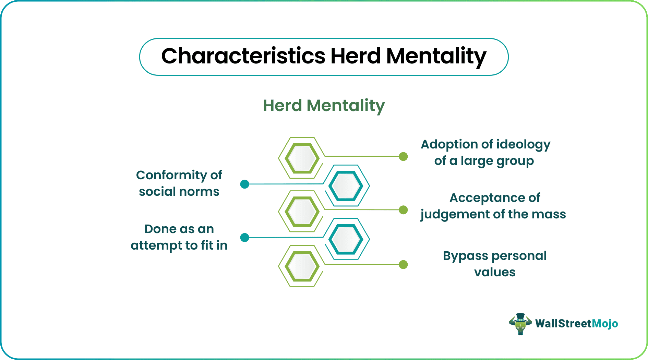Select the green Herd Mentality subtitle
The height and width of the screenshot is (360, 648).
pos(324,106)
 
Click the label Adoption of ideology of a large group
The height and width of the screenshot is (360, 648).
pos(485,153)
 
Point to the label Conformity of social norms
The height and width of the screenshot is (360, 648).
pos(179,183)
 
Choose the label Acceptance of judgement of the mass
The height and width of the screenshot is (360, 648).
pos(493,206)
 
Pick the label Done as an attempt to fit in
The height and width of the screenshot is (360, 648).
pos(179,237)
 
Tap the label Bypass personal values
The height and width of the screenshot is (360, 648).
pos(495,264)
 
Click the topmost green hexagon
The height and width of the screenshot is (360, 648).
pos(302,158)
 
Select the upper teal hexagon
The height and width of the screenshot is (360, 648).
pos(346,186)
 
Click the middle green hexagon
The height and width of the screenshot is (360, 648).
pos(302,212)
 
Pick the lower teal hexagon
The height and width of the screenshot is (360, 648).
pos(346,239)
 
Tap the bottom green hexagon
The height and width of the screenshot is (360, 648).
pos(302,266)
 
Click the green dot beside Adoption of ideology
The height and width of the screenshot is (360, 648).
pos(404,157)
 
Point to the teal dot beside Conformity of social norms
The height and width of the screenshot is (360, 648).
pos(245,184)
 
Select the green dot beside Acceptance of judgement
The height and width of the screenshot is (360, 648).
pos(404,210)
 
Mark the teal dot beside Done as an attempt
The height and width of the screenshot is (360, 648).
pos(245,238)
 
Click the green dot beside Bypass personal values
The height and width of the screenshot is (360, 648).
pos(404,265)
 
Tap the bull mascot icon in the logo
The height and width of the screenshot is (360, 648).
pos(520,324)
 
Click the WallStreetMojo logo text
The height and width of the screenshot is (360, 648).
pos(577,324)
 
